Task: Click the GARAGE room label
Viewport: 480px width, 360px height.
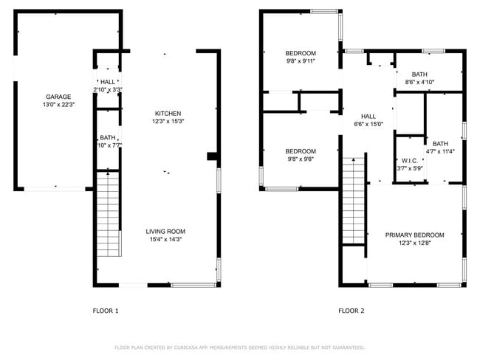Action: (58, 97)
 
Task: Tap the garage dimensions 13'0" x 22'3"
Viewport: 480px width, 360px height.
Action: (58, 105)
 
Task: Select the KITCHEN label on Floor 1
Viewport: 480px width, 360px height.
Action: (168, 113)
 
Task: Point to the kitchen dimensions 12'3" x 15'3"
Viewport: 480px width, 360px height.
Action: (168, 121)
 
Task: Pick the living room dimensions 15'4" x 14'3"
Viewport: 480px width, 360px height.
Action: (165, 239)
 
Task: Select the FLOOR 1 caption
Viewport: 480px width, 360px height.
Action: (105, 311)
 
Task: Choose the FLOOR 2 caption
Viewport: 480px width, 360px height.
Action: (352, 311)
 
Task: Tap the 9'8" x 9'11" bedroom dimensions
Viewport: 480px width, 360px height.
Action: (301, 61)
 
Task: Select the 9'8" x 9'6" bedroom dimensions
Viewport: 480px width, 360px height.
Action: (301, 159)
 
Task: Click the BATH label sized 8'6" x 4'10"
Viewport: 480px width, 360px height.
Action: (419, 75)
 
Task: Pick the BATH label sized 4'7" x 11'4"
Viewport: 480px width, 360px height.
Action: (440, 144)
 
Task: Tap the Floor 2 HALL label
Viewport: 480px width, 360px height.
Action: (368, 117)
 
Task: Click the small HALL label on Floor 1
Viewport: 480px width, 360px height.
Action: (108, 82)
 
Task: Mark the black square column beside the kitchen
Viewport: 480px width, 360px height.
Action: (212, 156)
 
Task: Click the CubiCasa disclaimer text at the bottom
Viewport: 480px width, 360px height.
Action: (240, 347)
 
